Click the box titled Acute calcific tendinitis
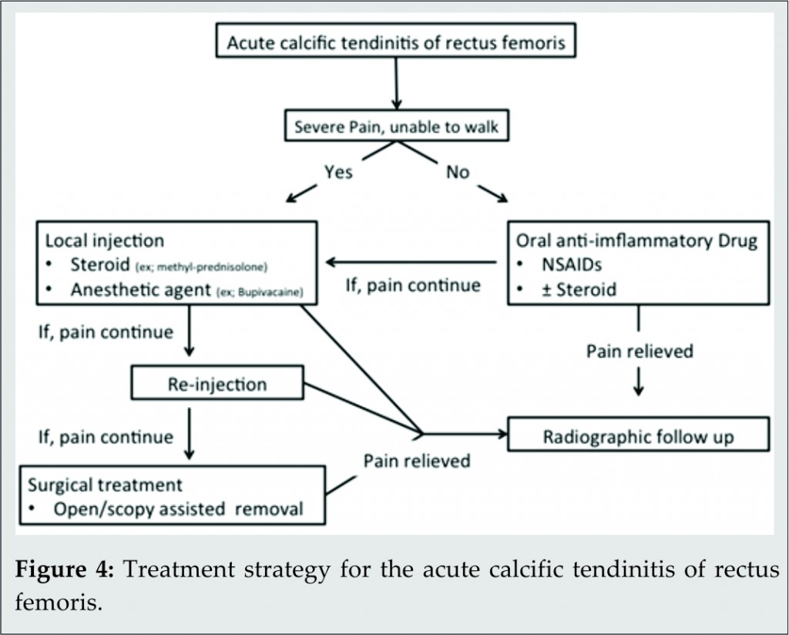pos(395,42)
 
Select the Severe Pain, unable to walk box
pos(396,127)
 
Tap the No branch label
pos(458,173)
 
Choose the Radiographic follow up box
pos(638,437)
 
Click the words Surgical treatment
pos(106,485)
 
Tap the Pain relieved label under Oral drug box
pos(640,351)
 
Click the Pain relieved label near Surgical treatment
pos(417,462)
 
